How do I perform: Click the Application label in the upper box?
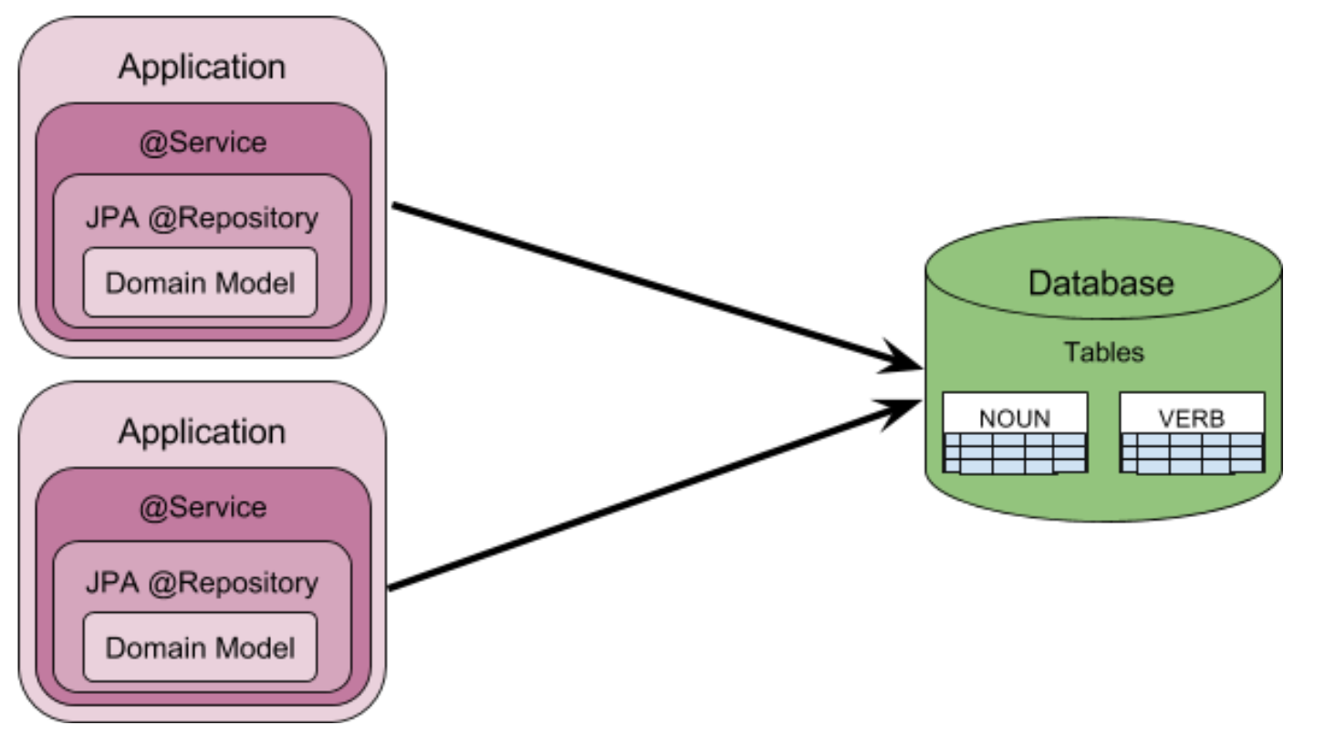pos(201,67)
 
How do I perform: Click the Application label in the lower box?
pos(201,431)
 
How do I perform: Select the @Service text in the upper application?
pos(203,142)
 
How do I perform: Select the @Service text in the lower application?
pos(203,507)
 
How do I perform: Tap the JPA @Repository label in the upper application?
pos(202,219)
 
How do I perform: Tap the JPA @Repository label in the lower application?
pos(202,583)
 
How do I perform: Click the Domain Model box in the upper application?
pos(201,283)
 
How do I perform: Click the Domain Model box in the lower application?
pos(201,648)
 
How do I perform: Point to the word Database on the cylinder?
pos(1101,283)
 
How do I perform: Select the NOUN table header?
pos(1014,419)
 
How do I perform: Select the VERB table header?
pos(1191,419)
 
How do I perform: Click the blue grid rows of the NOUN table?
pos(1014,453)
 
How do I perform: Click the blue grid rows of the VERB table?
pos(1192,453)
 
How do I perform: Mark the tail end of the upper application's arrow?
pos(396,206)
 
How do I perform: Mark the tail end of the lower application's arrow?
pos(392,587)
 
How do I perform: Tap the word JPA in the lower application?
pos(108,583)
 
